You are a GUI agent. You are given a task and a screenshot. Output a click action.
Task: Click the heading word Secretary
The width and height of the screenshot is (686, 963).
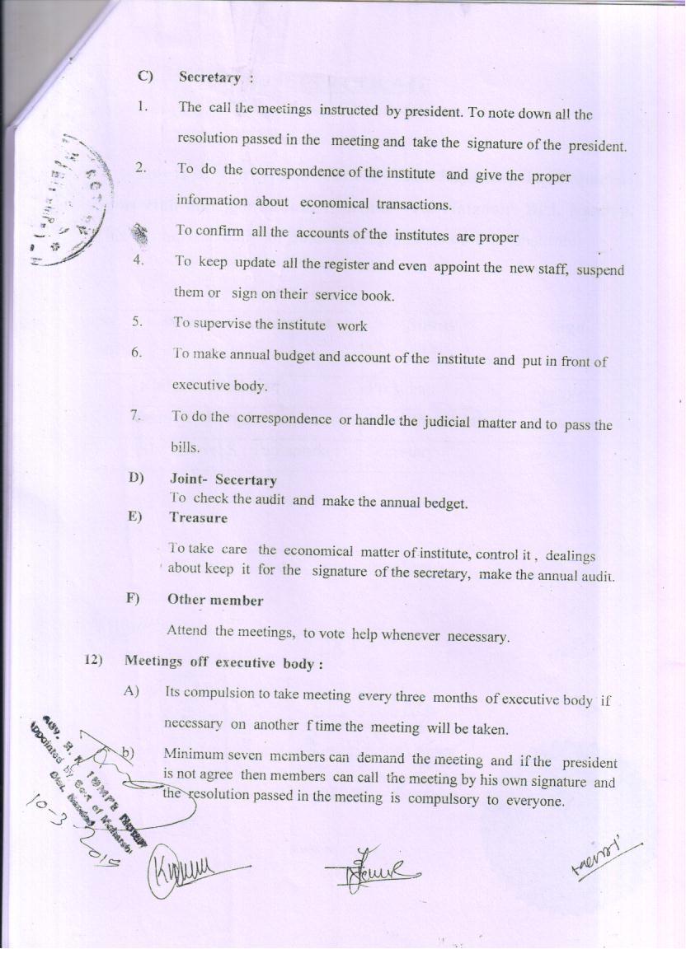209,77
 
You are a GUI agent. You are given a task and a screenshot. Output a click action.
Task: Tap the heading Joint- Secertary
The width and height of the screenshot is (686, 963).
223,479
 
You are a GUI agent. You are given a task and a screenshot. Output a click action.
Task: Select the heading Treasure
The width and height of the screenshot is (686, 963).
198,518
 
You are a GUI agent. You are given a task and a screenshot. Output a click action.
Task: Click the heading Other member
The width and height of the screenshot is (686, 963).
215,600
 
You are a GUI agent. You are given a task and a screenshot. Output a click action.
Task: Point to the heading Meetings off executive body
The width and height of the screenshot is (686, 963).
223,662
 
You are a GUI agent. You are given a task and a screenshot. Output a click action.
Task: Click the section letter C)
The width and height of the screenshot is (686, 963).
146,77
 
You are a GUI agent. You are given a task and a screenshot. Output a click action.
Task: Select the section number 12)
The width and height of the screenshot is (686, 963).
93,661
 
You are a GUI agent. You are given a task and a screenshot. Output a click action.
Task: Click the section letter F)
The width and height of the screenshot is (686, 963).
132,599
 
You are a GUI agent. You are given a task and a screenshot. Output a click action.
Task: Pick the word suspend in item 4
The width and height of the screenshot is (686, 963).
600,271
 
